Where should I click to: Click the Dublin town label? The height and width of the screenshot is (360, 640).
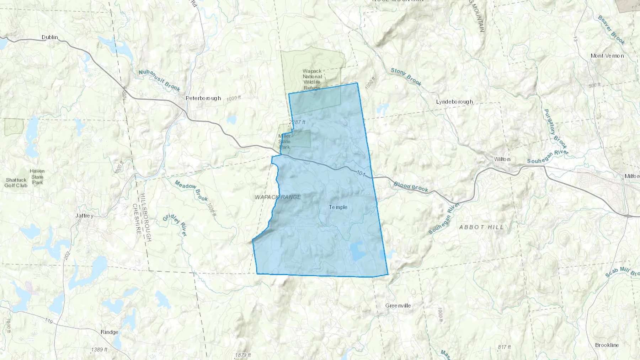pyautogui.click(x=50, y=37)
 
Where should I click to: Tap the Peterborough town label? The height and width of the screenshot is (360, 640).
pyautogui.click(x=203, y=98)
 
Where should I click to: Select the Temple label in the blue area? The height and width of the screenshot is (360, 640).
pyautogui.click(x=338, y=207)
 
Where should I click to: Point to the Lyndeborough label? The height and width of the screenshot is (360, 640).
pyautogui.click(x=454, y=102)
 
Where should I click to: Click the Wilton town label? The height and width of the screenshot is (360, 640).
pyautogui.click(x=502, y=159)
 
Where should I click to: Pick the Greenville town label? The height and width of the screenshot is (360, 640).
pyautogui.click(x=398, y=306)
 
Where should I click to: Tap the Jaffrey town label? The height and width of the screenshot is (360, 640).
pyautogui.click(x=84, y=216)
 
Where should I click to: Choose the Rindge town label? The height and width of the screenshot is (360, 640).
pyautogui.click(x=109, y=332)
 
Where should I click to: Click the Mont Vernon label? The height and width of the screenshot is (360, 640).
pyautogui.click(x=607, y=56)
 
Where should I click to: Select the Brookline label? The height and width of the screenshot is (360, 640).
pyautogui.click(x=607, y=345)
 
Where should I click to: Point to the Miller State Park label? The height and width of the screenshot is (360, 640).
pyautogui.click(x=284, y=141)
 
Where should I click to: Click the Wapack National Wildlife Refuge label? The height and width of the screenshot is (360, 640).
pyautogui.click(x=312, y=79)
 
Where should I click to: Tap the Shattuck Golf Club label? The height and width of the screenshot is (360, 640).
pyautogui.click(x=16, y=183)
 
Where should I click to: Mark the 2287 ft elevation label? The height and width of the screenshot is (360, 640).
pyautogui.click(x=297, y=122)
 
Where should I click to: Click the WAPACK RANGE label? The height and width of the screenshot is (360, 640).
pyautogui.click(x=278, y=197)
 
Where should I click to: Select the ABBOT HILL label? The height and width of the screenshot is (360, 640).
pyautogui.click(x=481, y=227)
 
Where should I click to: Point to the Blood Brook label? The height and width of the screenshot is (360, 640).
pyautogui.click(x=411, y=187)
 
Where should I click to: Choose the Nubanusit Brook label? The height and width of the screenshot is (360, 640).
pyautogui.click(x=159, y=81)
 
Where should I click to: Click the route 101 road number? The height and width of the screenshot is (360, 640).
pyautogui.click(x=361, y=173)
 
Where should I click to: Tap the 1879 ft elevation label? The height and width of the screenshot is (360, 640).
pyautogui.click(x=243, y=355)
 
